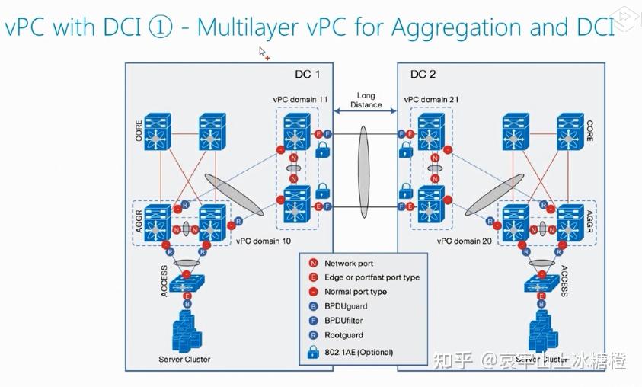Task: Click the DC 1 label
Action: [307, 75]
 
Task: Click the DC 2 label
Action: [423, 75]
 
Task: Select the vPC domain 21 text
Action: [431, 100]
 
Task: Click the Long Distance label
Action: [366, 100]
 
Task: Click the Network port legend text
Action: [349, 264]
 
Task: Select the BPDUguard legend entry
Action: [347, 306]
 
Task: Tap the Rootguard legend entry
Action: [343, 335]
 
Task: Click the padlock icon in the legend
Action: [312, 351]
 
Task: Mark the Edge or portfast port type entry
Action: [372, 277]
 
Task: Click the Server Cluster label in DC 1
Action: [184, 359]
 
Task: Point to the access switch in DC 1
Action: [185, 284]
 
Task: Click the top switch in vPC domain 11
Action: [295, 131]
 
